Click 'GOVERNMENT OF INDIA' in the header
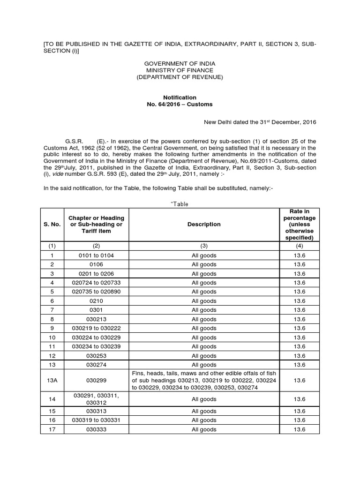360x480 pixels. coord(180,63)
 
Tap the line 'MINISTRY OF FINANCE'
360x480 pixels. coord(180,70)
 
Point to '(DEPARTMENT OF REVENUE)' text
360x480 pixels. coord(180,76)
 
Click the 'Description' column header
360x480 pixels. coord(204,225)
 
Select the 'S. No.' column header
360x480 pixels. coord(52,225)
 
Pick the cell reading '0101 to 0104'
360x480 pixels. coord(96,255)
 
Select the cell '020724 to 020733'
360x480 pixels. coord(96,283)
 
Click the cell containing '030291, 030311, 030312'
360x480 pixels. coord(96,399)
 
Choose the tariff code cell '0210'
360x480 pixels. coord(96,301)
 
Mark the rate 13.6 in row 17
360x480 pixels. coord(300,429)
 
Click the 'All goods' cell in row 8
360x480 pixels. coord(204,319)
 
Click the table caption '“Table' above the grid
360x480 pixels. coord(176,204)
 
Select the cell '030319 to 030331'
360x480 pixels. coord(96,420)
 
